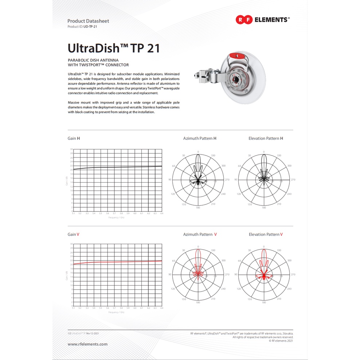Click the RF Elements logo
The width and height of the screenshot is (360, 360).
pyautogui.click(x=262, y=20)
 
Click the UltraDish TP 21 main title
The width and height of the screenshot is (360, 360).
pyautogui.click(x=114, y=48)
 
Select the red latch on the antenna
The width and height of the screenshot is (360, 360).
pyautogui.click(x=237, y=56)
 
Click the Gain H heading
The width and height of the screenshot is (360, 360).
pyautogui.click(x=74, y=138)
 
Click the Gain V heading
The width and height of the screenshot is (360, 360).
pyautogui.click(x=73, y=234)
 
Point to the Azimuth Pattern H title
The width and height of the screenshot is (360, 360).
pyautogui.click(x=200, y=138)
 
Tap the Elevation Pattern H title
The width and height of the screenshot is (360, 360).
pyautogui.click(x=266, y=138)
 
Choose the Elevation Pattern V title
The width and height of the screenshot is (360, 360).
pyautogui.click(x=266, y=234)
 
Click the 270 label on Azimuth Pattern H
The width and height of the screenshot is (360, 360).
pyautogui.click(x=227, y=179)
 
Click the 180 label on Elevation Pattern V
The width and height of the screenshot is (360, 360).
pyautogui.click(x=264, y=302)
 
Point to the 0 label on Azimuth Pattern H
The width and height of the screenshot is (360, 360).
pyautogui.click(x=198, y=152)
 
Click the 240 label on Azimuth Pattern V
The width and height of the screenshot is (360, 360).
pyautogui.click(x=223, y=289)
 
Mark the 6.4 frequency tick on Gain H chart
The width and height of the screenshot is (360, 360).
pyautogui.click(x=162, y=213)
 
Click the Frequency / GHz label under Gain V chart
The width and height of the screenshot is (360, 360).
pyautogui.click(x=117, y=312)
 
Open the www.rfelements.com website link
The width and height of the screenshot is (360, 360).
pyautogui.click(x=87, y=344)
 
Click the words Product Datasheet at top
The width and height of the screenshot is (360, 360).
pyautogui.click(x=88, y=21)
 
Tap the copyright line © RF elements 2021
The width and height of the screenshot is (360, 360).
pyautogui.click(x=281, y=341)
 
